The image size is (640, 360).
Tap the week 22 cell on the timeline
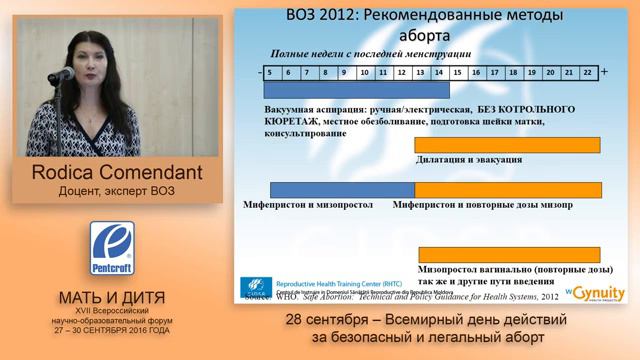(587, 72)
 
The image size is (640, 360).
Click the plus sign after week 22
(604, 72)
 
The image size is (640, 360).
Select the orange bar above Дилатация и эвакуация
(508, 144)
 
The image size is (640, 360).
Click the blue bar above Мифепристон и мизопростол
(342, 189)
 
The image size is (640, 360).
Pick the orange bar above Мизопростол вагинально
(508, 254)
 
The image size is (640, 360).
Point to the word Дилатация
(444, 159)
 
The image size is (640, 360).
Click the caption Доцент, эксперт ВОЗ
(112, 191)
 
